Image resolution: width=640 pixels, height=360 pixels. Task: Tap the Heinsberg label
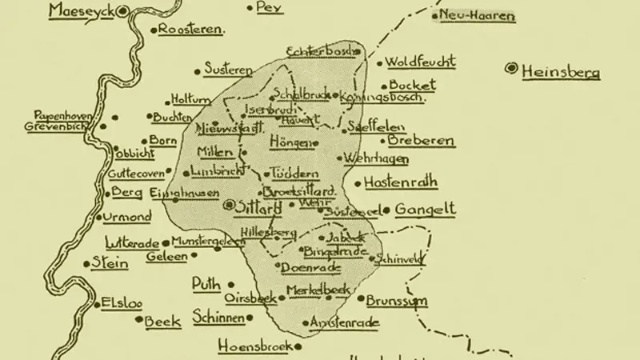click(560, 72)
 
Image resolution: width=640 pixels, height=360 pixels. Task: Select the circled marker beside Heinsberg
click(510, 69)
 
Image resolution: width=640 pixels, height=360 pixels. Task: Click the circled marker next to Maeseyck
click(122, 11)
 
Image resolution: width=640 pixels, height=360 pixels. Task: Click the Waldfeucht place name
click(420, 62)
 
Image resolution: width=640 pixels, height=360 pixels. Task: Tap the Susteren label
click(229, 70)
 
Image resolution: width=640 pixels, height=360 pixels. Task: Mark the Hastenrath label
click(401, 182)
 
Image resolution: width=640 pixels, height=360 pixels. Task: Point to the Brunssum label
click(397, 302)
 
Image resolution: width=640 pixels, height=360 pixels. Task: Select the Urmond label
click(126, 218)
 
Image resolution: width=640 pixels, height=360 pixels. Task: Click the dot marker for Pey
click(251, 9)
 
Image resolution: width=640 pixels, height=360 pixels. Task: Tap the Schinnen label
click(218, 318)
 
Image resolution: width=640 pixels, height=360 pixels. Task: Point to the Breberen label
click(422, 142)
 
